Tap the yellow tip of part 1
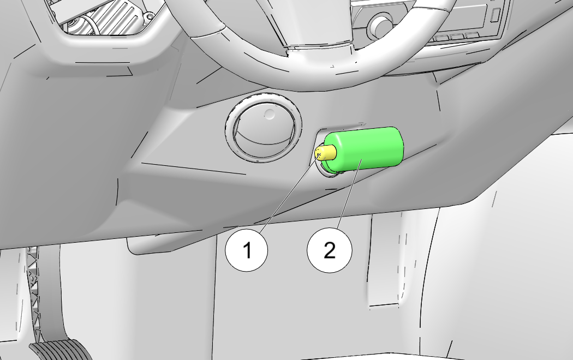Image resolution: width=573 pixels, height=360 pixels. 325,153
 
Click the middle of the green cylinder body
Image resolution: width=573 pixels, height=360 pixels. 363,149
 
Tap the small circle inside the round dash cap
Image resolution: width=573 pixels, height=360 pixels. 269,115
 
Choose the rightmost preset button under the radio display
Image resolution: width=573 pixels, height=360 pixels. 472,35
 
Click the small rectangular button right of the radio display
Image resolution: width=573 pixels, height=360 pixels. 496,15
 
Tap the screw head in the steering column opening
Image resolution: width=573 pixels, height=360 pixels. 149,16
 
